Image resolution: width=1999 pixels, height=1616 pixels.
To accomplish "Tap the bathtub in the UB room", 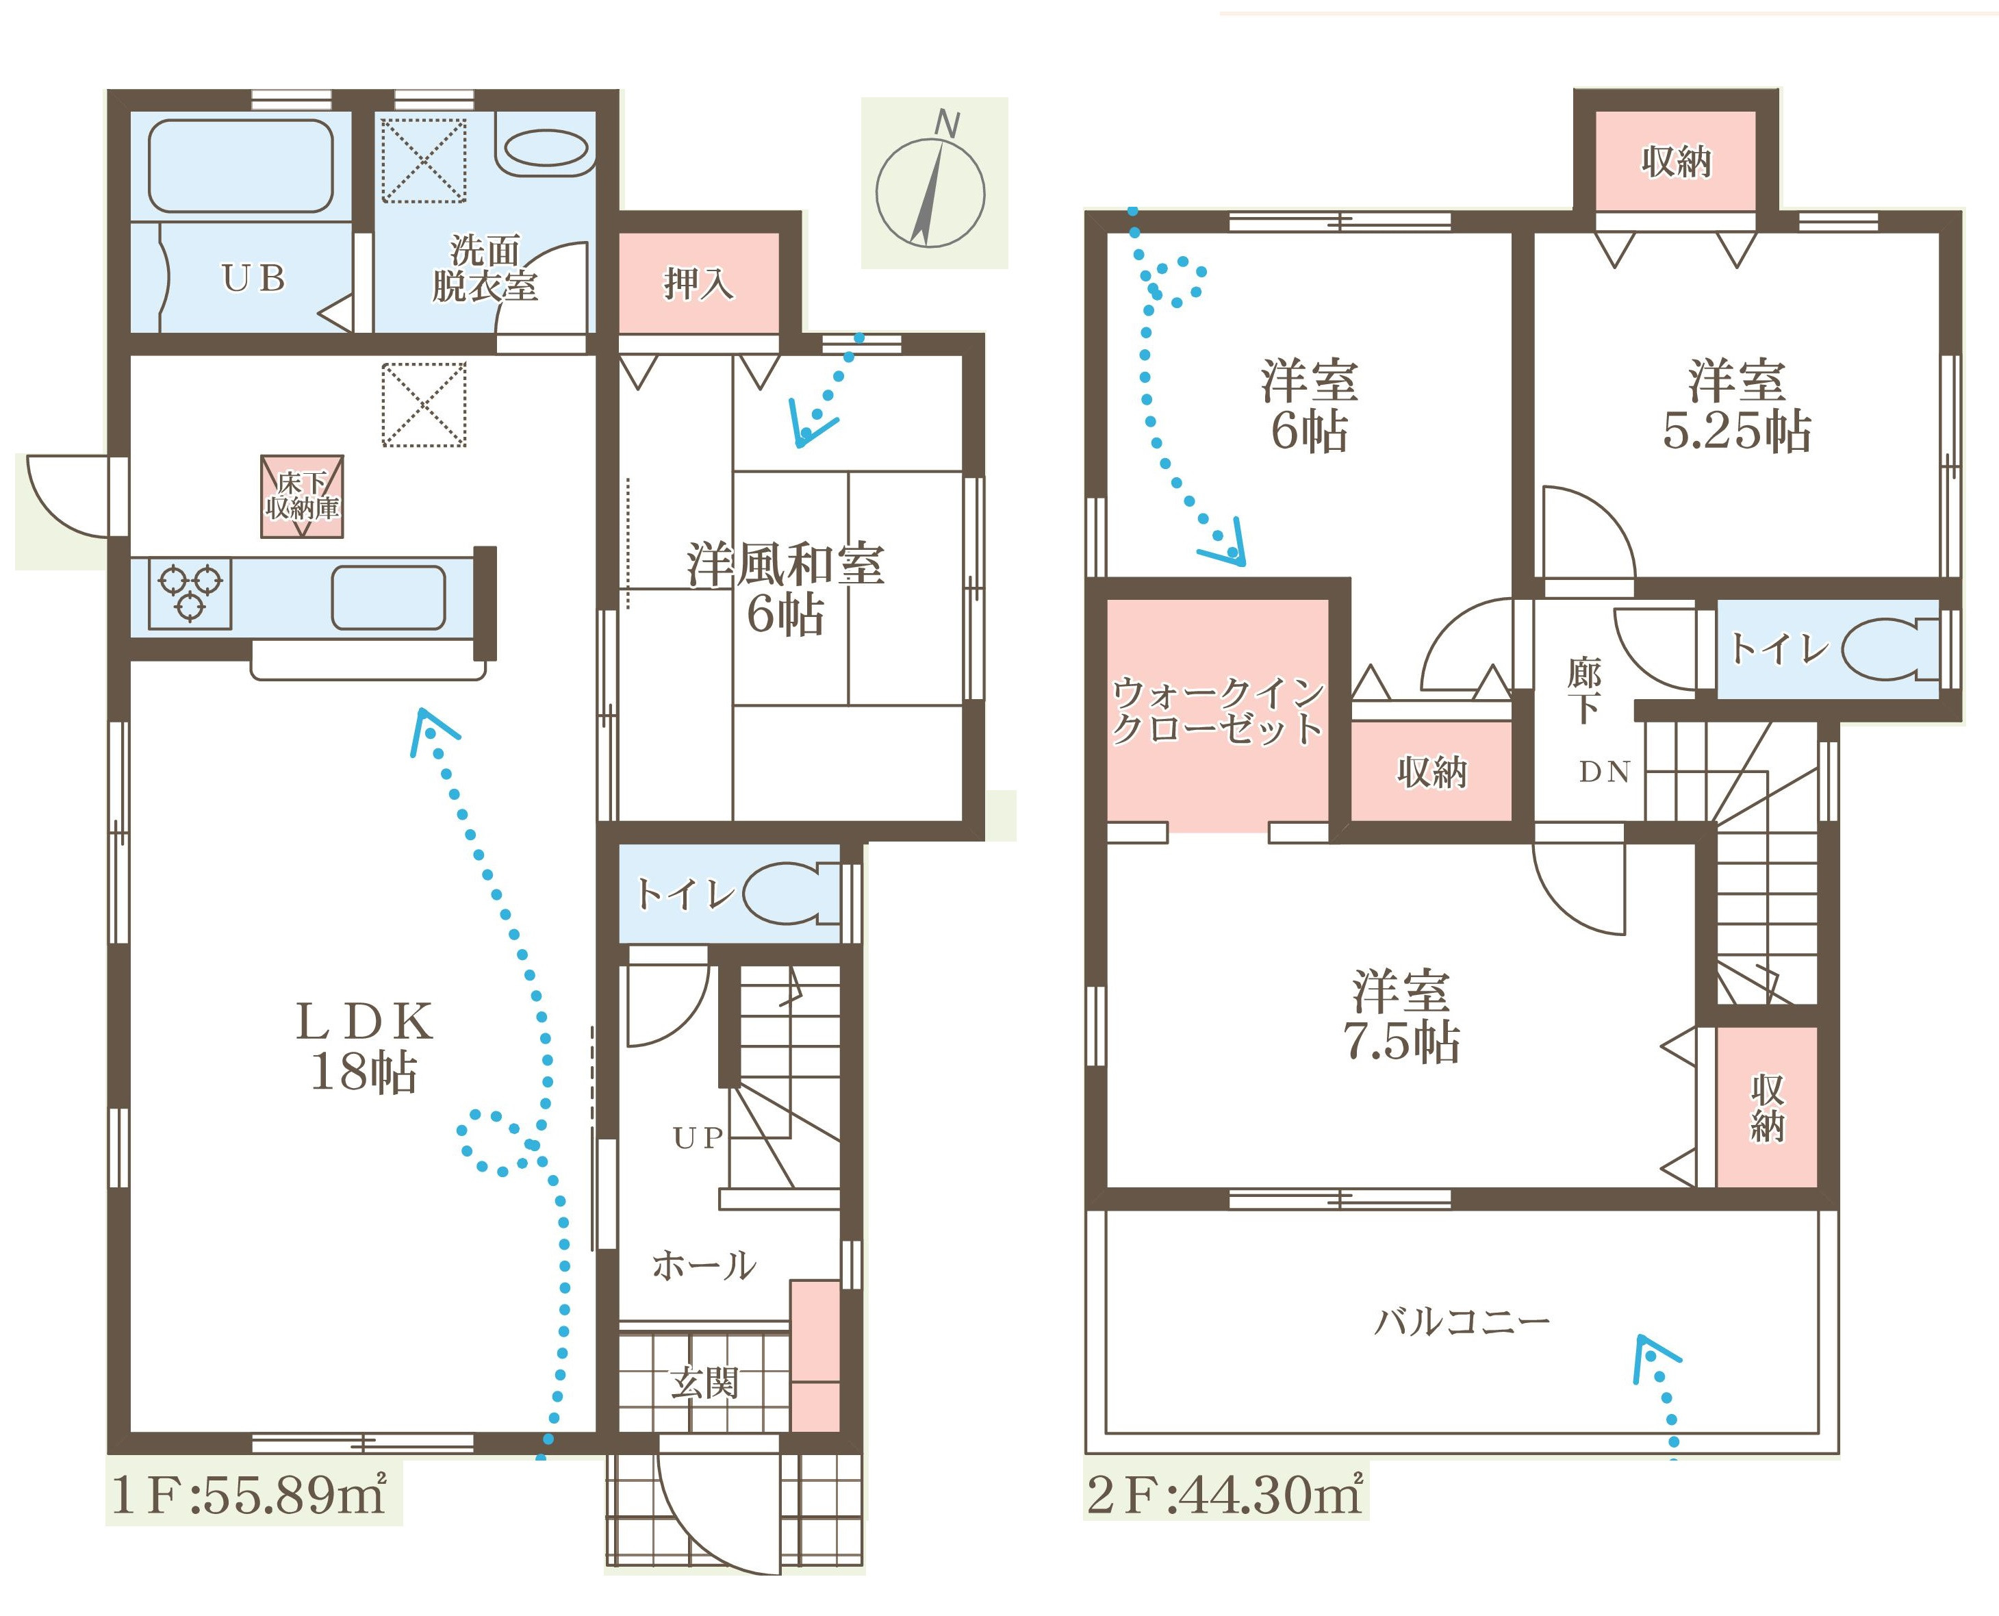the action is click(x=240, y=166).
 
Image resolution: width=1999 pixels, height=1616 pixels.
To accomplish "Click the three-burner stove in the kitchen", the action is click(x=190, y=593).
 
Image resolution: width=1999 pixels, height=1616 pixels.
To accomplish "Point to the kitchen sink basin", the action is click(x=388, y=598).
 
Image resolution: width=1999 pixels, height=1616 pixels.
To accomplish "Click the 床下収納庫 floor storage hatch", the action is click(x=301, y=496).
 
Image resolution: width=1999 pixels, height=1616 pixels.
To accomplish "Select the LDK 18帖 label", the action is click(x=364, y=1046).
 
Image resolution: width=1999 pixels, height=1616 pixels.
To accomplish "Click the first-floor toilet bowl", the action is click(x=785, y=894).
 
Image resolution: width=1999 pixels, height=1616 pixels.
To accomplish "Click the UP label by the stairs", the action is click(x=698, y=1137).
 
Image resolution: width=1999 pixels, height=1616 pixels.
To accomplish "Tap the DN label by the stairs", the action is click(x=1605, y=771).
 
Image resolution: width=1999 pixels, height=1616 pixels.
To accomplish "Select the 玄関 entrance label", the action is click(x=704, y=1383).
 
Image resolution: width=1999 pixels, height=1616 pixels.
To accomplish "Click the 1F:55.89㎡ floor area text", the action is click(x=249, y=1495).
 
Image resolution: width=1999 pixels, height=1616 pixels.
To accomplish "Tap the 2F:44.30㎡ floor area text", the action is click(x=1225, y=1494).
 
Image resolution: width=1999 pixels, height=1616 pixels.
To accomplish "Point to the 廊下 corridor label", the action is click(x=1584, y=690).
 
